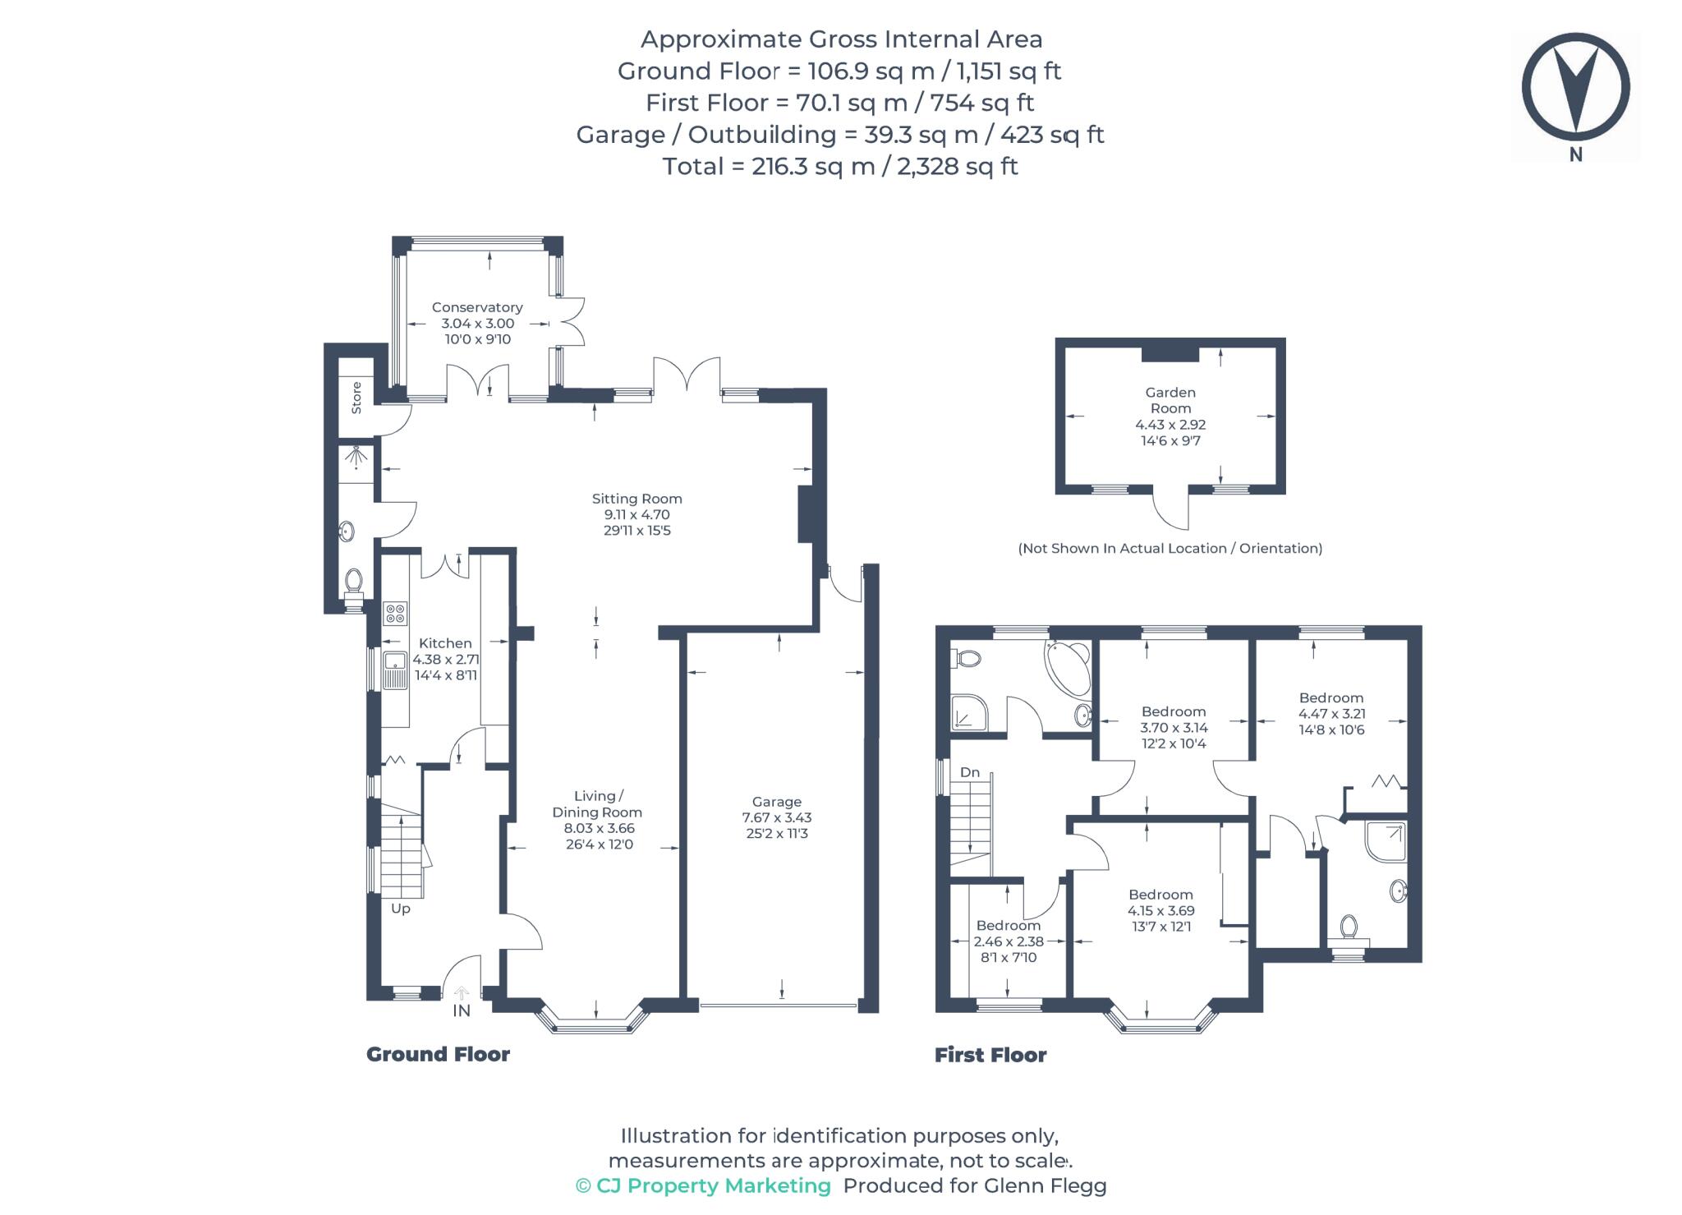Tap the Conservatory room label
pos(477,307)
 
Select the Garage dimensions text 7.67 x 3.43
pos(776,817)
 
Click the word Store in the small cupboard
pos(356,398)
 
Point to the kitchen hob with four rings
pos(395,613)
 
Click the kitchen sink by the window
pos(396,668)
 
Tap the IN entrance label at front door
pos(462,1010)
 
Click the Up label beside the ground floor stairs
pos(400,909)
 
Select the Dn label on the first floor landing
pos(970,772)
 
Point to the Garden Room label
pos(1170,400)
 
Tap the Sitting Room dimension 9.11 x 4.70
pos(636,514)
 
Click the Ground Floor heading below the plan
pos(438,1054)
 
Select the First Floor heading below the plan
pos(990,1055)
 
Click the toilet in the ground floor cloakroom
pos(354,582)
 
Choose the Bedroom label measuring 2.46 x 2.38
pos(1008,926)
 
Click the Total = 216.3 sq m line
pos(840,166)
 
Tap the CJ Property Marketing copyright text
pos(703,1185)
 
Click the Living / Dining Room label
pos(597,803)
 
